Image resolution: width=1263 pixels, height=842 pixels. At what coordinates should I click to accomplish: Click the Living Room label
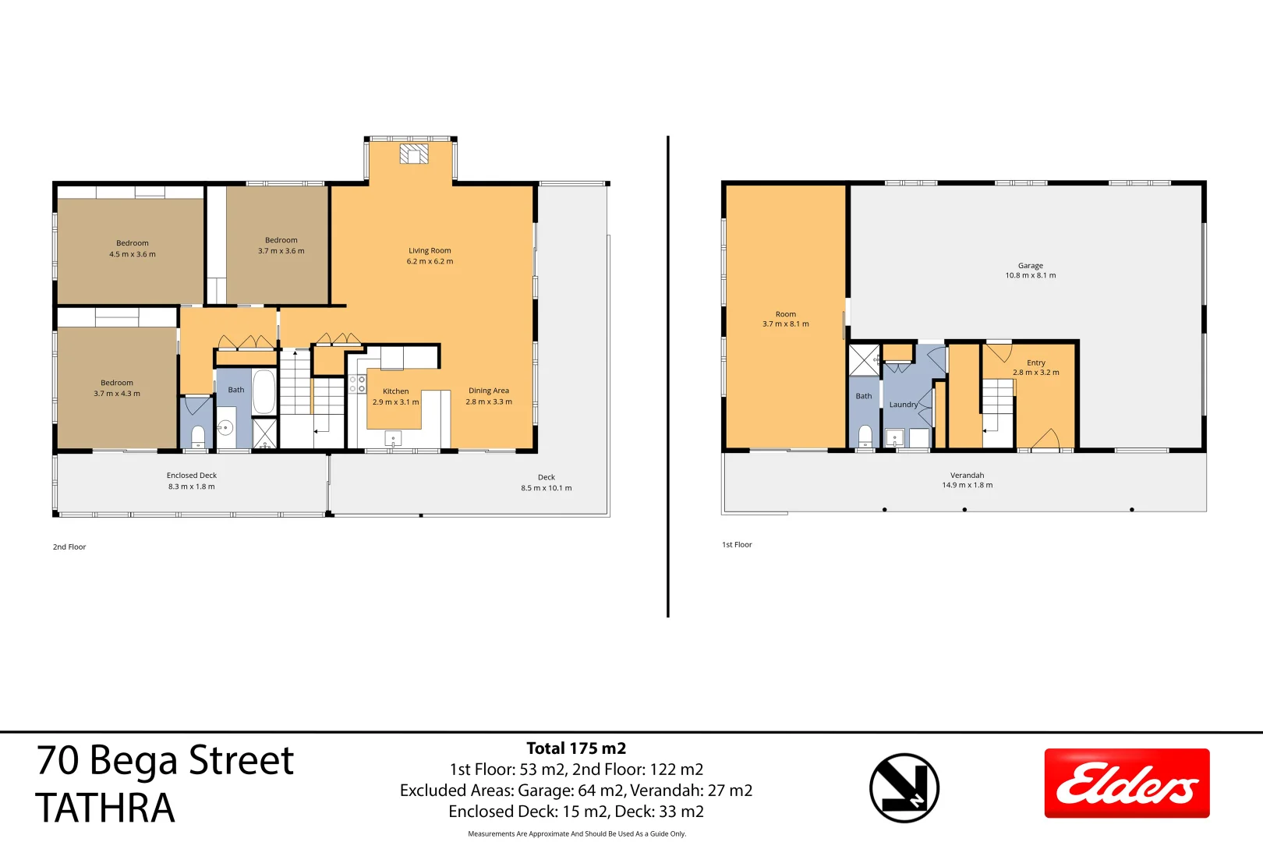(x=430, y=251)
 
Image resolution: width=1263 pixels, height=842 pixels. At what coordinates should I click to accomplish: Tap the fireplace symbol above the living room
(x=414, y=154)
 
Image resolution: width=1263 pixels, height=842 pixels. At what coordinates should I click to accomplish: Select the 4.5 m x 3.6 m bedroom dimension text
(x=133, y=255)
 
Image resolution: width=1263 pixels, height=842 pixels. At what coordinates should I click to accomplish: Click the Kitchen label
(x=395, y=391)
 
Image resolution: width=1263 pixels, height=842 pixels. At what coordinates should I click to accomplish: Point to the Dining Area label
(x=489, y=391)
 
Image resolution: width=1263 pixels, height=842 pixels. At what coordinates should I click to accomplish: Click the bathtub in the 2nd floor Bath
(x=264, y=391)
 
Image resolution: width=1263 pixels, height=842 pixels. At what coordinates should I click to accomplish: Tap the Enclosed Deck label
(x=192, y=476)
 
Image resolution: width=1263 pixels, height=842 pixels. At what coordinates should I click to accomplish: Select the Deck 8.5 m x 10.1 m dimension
(x=547, y=489)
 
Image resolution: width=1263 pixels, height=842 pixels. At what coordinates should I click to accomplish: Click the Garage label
(x=1030, y=266)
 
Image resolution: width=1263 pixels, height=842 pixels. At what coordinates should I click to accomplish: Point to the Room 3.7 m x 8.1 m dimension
(x=785, y=324)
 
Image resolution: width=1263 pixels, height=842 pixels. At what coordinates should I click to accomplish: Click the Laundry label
(x=903, y=405)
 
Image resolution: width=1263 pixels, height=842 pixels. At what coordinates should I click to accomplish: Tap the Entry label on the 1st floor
(x=1035, y=363)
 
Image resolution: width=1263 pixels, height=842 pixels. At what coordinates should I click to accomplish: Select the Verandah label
(x=967, y=476)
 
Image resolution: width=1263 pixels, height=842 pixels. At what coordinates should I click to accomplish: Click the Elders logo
(x=1127, y=784)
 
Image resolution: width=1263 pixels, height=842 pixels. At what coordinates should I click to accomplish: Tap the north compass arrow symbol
(x=904, y=787)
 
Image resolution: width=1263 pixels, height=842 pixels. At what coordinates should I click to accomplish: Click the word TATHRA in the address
(x=105, y=808)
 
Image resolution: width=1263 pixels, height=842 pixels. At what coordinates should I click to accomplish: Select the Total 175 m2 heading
(x=576, y=748)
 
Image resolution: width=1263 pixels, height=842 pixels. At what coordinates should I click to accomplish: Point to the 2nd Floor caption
(x=69, y=547)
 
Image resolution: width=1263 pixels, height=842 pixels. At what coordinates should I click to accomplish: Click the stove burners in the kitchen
(x=357, y=384)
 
